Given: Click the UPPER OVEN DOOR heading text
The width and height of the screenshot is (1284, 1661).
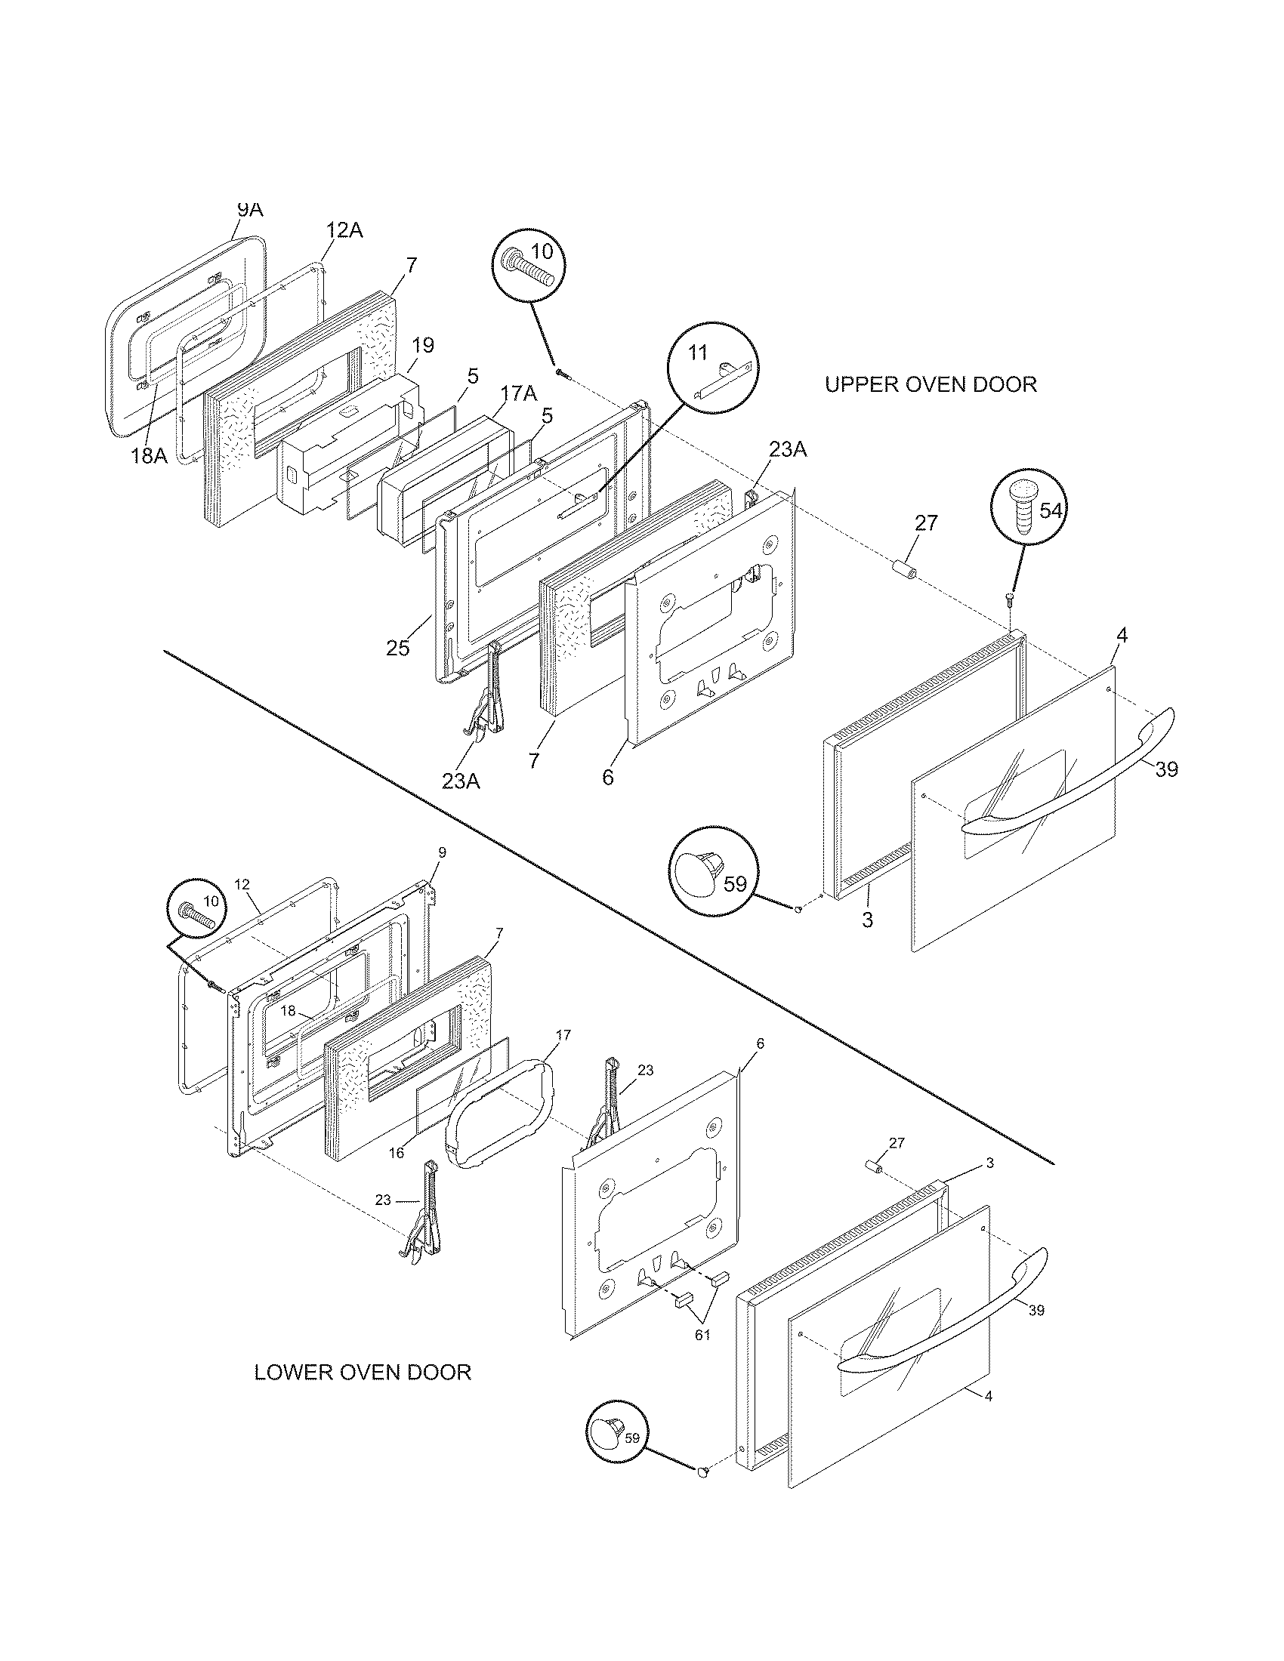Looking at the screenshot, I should pos(931,384).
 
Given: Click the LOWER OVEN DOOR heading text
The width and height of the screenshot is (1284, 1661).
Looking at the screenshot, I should pos(362,1373).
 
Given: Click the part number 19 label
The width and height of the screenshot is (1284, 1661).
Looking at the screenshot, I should pos(422,345).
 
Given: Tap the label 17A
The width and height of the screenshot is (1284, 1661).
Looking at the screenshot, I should pos(519,393).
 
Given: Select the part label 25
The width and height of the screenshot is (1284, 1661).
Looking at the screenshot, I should pos(397,648).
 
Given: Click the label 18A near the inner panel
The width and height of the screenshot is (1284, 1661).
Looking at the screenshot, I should pos(148,455).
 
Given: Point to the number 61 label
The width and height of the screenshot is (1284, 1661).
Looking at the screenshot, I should pos(702,1334).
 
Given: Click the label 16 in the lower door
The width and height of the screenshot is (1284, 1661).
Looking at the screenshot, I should pos(397,1154).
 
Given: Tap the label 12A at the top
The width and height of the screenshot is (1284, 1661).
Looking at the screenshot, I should pos(344,230).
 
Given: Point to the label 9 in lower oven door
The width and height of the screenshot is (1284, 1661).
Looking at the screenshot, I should pos(442,852).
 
